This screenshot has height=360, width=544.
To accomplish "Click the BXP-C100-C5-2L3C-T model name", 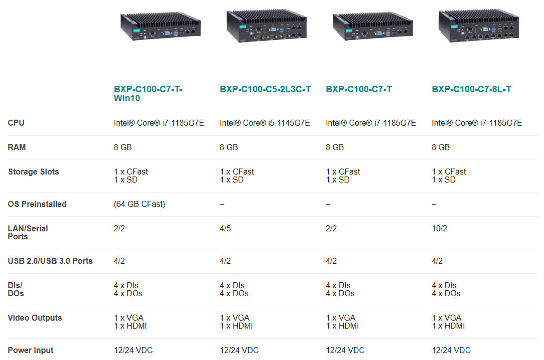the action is coord(265,89).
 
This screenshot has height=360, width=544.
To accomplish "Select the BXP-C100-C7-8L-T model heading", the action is coord(471,89).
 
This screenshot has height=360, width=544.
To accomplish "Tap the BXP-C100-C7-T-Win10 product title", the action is coord(148,94).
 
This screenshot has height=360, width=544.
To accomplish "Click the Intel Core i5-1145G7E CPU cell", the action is coord(265,123).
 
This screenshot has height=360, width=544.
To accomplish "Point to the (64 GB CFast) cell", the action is coord(139,204).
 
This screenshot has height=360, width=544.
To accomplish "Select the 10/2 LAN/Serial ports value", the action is coord(439,228).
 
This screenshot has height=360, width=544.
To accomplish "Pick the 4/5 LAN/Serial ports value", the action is coord(225,228).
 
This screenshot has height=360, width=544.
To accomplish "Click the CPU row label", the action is coord(16,123).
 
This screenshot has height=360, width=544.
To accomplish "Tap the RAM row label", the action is coord(16,147).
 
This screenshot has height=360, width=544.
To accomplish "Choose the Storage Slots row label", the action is coord(33,172).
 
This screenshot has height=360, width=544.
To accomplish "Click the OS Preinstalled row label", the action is coord(37,204).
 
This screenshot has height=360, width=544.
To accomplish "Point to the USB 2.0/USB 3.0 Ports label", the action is coord(50,261).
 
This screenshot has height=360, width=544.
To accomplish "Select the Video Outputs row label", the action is coord(35,318).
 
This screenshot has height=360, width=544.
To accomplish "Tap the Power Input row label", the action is coord(30,351).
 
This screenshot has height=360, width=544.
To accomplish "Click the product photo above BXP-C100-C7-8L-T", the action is coord(479,26).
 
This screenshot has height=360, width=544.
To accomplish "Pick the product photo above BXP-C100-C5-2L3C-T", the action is coord(267,26).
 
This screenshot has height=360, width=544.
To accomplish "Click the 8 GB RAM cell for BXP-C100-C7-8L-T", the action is coord(440,147).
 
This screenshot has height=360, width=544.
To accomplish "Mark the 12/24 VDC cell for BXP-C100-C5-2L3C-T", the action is coord(239,351).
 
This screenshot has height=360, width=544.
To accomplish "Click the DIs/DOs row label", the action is coord(15,290).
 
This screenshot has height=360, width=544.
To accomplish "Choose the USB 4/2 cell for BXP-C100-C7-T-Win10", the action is coord(120,261).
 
